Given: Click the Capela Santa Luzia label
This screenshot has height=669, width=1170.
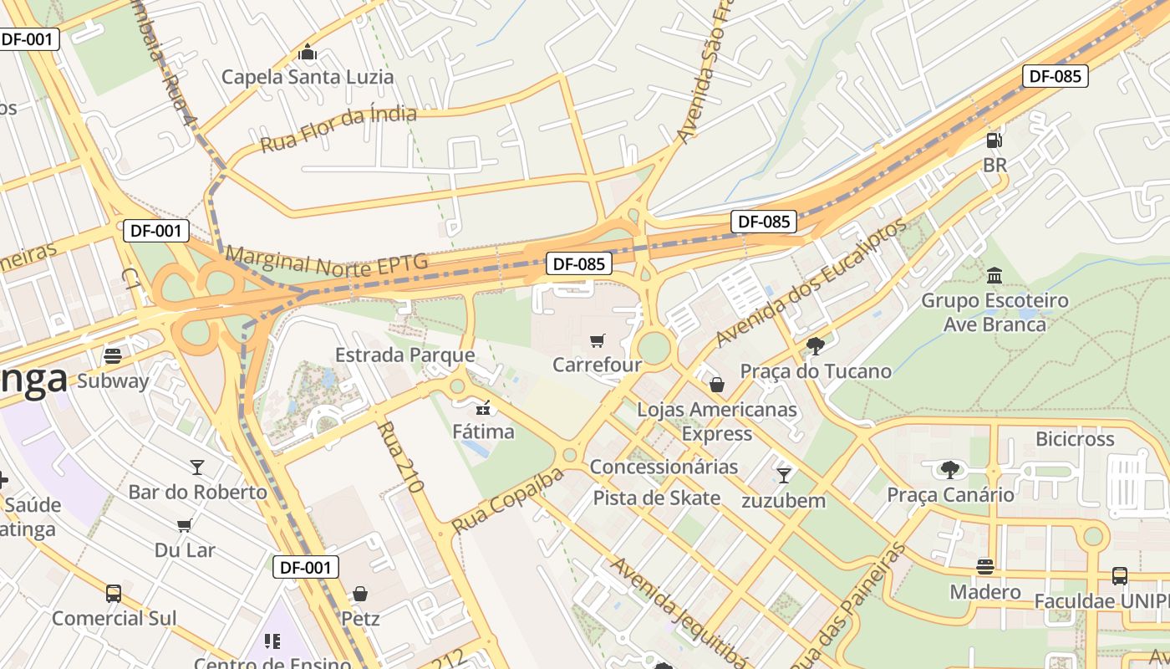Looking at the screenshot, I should click(307, 77).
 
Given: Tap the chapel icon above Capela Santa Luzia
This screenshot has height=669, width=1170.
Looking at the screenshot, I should click(308, 54).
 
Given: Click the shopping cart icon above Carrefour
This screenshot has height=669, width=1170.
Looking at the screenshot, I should click(597, 340).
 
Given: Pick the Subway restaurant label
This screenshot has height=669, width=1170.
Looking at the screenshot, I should click(113, 381).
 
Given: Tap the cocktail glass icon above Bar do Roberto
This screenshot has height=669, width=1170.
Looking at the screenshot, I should click(197, 467).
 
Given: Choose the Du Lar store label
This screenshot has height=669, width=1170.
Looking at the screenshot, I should click(185, 550).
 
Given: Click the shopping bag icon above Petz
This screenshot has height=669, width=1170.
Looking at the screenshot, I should click(360, 594).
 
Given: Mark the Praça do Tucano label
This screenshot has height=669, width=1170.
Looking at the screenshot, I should click(816, 370).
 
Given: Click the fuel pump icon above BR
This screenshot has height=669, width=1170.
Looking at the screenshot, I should click(994, 140).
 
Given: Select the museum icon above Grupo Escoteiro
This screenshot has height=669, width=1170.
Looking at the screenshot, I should click(994, 275).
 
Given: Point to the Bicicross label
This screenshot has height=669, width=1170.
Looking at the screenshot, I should click(1075, 438).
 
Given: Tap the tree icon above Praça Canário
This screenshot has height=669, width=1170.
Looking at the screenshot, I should click(950, 469).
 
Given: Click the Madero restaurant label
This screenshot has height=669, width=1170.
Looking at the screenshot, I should click(985, 592).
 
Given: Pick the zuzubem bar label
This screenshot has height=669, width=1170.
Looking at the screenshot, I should click(783, 501).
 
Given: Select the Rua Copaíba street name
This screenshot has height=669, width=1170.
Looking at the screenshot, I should click(507, 501).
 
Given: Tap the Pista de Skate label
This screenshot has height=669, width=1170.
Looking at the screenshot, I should click(656, 498).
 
